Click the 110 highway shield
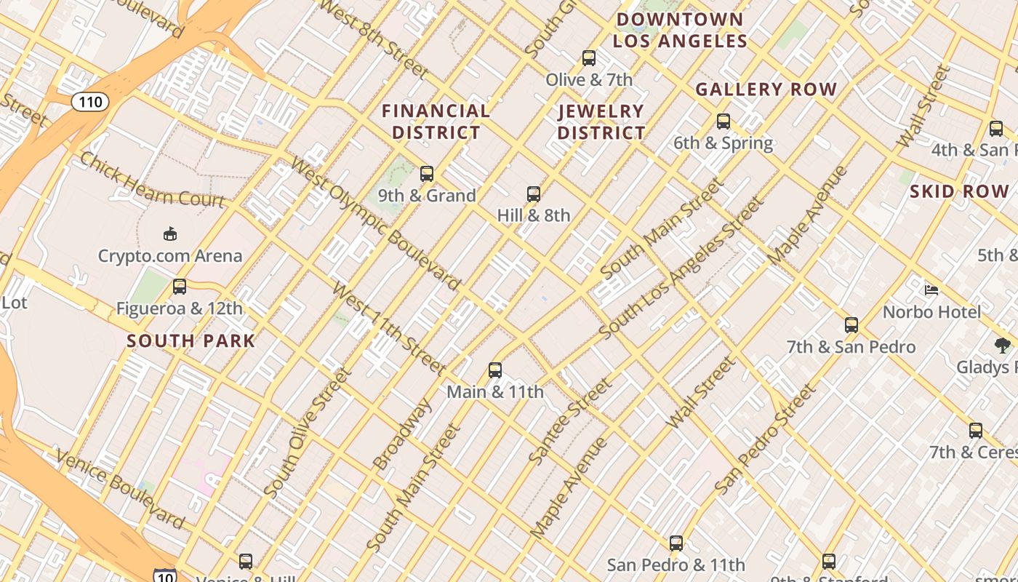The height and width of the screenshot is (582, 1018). [90, 102]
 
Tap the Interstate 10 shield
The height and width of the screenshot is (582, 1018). [165, 575]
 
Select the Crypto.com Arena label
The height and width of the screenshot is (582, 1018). [170, 256]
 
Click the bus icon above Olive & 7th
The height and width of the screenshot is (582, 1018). [589, 58]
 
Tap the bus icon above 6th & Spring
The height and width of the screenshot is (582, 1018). [723, 121]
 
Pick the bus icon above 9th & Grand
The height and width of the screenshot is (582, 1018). [427, 174]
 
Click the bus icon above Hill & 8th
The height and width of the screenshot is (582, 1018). [534, 194]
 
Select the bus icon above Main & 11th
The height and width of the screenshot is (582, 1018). [495, 370]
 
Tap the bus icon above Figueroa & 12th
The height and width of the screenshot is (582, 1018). [180, 287]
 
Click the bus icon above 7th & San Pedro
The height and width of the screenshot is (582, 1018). [851, 325]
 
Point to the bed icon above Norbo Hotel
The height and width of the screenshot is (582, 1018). [931, 290]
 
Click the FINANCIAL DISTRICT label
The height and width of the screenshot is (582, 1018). [436, 121]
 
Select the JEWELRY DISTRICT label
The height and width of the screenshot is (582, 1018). [601, 121]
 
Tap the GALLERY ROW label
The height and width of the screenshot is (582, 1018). [766, 89]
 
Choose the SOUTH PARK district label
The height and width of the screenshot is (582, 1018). [191, 340]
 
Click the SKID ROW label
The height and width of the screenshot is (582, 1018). [960, 192]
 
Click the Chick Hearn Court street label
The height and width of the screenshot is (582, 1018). [152, 180]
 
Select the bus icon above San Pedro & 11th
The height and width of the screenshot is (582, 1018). [676, 543]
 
